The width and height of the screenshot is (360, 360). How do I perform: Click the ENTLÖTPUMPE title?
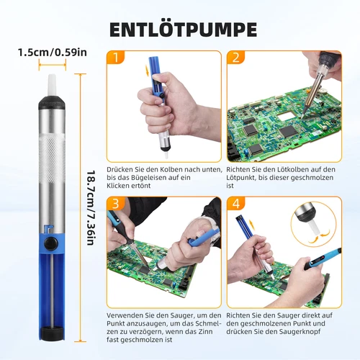click(183, 30)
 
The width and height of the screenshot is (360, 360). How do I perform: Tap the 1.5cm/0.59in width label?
click(53, 53)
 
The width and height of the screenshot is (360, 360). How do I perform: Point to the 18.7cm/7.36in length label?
click(91, 208)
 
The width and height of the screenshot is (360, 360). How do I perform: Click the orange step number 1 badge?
click(116, 58)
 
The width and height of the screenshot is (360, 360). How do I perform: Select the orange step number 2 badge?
click(235, 58)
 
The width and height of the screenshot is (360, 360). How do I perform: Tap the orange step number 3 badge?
click(116, 204)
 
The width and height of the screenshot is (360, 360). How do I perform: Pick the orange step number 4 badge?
click(235, 204)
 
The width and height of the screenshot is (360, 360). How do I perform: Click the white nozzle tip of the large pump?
click(52, 85)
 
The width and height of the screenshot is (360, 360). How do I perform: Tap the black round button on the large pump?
click(52, 243)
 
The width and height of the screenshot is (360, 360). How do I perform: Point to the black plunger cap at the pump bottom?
click(52, 333)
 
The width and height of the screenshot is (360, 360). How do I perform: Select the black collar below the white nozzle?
click(52, 102)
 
